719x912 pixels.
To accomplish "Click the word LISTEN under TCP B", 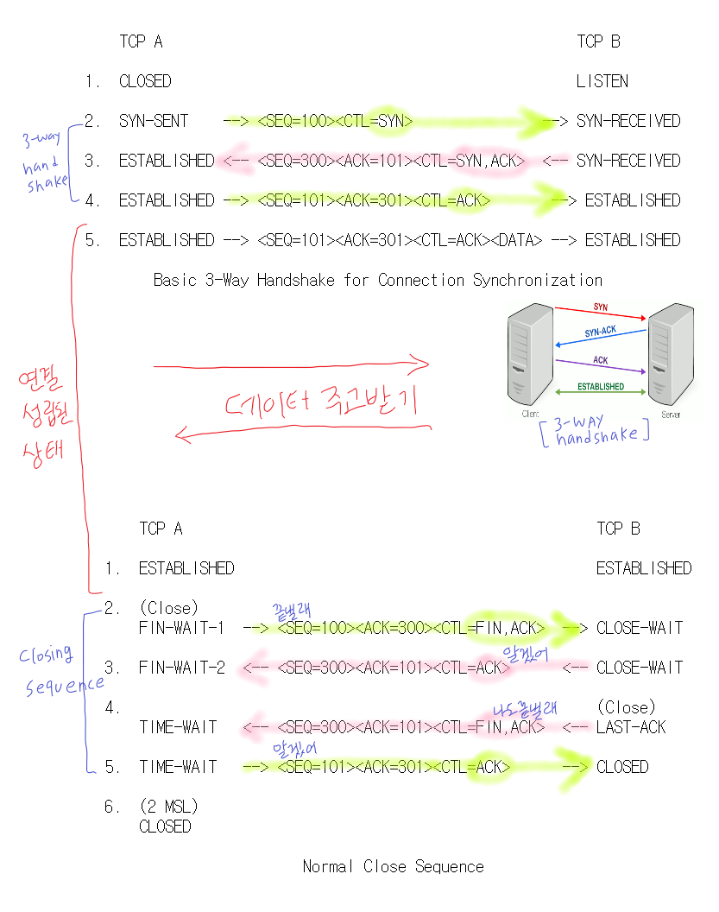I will coord(602,81).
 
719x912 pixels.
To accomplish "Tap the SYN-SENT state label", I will coord(154,121).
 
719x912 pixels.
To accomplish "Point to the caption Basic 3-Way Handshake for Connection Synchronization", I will coord(377,280).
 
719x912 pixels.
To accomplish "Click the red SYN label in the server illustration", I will coord(600,307).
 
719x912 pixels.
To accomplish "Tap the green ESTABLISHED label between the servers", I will coord(601,387).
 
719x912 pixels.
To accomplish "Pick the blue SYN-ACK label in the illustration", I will coord(600,332).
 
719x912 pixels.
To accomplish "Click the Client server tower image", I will coord(530,354).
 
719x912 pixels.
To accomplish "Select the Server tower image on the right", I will coord(672,354).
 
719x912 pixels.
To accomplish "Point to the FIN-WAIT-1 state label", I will coord(180,628).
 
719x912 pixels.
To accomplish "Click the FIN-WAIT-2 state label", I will coord(180,668).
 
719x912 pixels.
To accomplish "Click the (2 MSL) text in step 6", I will coord(168,807).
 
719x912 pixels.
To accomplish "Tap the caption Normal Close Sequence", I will coord(393,866).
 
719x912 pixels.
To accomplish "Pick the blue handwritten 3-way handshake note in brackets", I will coord(596,431).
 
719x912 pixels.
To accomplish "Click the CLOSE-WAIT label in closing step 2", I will coord(639,628).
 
